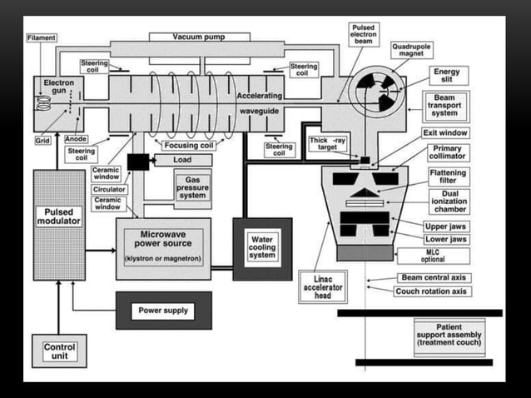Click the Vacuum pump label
pyautogui.click(x=199, y=37)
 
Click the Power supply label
pyautogui.click(x=163, y=311)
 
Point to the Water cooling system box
pyautogui.click(x=262, y=248)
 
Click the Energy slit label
pyautogui.click(x=446, y=76)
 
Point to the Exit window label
pyautogui.click(x=450, y=132)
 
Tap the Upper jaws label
pyautogui.click(x=446, y=226)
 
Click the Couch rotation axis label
pyautogui.click(x=434, y=291)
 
